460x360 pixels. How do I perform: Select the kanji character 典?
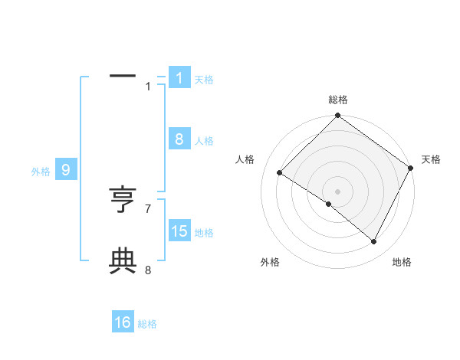[x=123, y=262]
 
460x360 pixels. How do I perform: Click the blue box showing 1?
[x=179, y=78]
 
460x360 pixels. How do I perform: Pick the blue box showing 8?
[x=179, y=139]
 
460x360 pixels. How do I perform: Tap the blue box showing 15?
[x=179, y=231]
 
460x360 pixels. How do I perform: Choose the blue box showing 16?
[x=123, y=323]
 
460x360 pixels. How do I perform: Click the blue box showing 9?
[x=65, y=171]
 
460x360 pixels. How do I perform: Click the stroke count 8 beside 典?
[x=148, y=270]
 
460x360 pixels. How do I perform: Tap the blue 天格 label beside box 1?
[x=204, y=79]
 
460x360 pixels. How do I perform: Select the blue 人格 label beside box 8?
[x=204, y=140]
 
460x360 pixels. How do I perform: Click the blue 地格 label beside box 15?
[x=204, y=232]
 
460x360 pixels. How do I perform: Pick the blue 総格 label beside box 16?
[x=147, y=324]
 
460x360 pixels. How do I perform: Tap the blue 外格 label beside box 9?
[x=41, y=172]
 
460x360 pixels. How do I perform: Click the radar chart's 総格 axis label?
[x=337, y=100]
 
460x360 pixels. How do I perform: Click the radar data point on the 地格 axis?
[x=374, y=241]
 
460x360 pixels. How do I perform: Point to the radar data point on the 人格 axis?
[x=280, y=173]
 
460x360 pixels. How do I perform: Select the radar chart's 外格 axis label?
[x=270, y=263]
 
